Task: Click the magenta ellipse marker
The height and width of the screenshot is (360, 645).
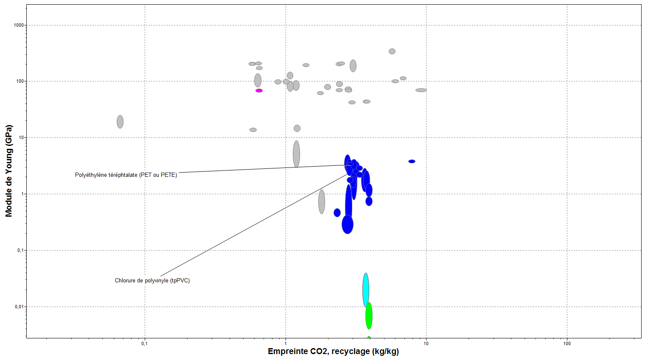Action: pyautogui.click(x=259, y=90)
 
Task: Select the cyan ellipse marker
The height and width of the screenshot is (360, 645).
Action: pyautogui.click(x=365, y=290)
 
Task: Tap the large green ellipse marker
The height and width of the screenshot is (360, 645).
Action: pyautogui.click(x=369, y=315)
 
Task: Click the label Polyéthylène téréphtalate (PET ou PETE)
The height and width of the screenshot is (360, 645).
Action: pyautogui.click(x=126, y=175)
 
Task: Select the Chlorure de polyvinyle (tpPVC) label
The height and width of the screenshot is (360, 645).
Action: pyautogui.click(x=152, y=280)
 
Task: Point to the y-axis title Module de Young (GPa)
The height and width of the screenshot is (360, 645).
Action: pyautogui.click(x=9, y=171)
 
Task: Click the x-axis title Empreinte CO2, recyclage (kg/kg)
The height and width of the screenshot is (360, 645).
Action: pyautogui.click(x=333, y=351)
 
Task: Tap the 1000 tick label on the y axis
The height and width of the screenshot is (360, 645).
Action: pyautogui.click(x=19, y=25)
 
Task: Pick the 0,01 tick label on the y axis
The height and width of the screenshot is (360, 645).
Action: pyautogui.click(x=20, y=307)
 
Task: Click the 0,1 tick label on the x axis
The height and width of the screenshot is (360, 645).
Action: pyautogui.click(x=144, y=343)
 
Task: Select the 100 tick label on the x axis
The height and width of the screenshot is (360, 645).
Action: pyautogui.click(x=567, y=343)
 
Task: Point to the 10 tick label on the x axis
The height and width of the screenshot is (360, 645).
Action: pyautogui.click(x=426, y=343)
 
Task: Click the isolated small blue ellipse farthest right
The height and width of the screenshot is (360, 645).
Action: pyautogui.click(x=412, y=161)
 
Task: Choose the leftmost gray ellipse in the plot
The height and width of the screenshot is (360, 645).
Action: pyautogui.click(x=120, y=122)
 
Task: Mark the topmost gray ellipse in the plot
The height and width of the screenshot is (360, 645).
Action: pyautogui.click(x=392, y=51)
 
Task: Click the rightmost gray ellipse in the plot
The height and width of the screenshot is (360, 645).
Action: pyautogui.click(x=421, y=90)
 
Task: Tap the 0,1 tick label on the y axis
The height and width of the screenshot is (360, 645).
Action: pyautogui.click(x=20, y=250)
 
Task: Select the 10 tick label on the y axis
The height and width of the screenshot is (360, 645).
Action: pyautogui.click(x=21, y=137)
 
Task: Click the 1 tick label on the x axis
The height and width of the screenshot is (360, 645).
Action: pyautogui.click(x=286, y=343)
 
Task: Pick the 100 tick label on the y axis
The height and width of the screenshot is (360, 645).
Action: pyautogui.click(x=20, y=81)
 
